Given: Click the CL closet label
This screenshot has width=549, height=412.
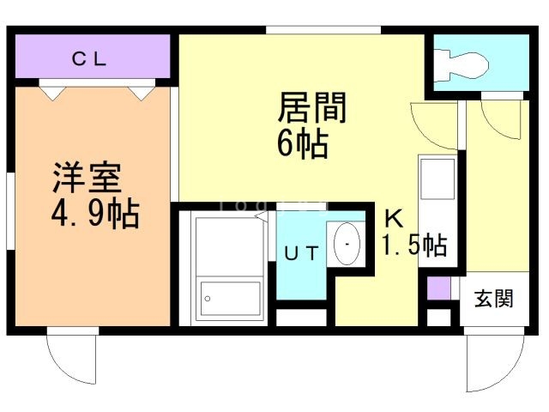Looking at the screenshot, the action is tap(89, 59).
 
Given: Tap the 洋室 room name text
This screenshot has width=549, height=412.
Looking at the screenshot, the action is tap(87, 178).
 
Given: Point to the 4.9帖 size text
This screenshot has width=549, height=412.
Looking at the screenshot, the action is tap(95, 214).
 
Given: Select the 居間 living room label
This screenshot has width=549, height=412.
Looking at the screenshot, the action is tap(312, 107).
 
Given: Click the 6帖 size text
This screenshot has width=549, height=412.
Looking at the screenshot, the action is tap(303, 144).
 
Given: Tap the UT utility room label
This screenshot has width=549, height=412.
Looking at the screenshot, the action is tap(301, 253).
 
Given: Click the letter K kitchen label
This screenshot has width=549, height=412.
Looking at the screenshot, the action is tap(395, 218).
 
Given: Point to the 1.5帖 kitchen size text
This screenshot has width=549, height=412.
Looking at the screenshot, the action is tap(414, 245).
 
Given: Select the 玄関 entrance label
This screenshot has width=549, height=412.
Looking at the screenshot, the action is tap(494, 299).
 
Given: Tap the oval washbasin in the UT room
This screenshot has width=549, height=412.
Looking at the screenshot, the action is tap(347, 244).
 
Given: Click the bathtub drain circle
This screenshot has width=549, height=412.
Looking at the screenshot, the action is tap(208, 299).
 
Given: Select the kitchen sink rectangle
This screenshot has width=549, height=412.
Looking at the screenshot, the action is tap(437, 179).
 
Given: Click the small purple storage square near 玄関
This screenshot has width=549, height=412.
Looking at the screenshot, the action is tap(438, 288).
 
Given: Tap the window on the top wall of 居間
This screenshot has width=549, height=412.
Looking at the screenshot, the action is tap(323, 30).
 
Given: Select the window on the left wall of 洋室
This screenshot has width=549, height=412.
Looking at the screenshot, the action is tap(11, 211).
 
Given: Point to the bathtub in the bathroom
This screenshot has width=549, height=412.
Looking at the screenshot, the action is tap(230, 269).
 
